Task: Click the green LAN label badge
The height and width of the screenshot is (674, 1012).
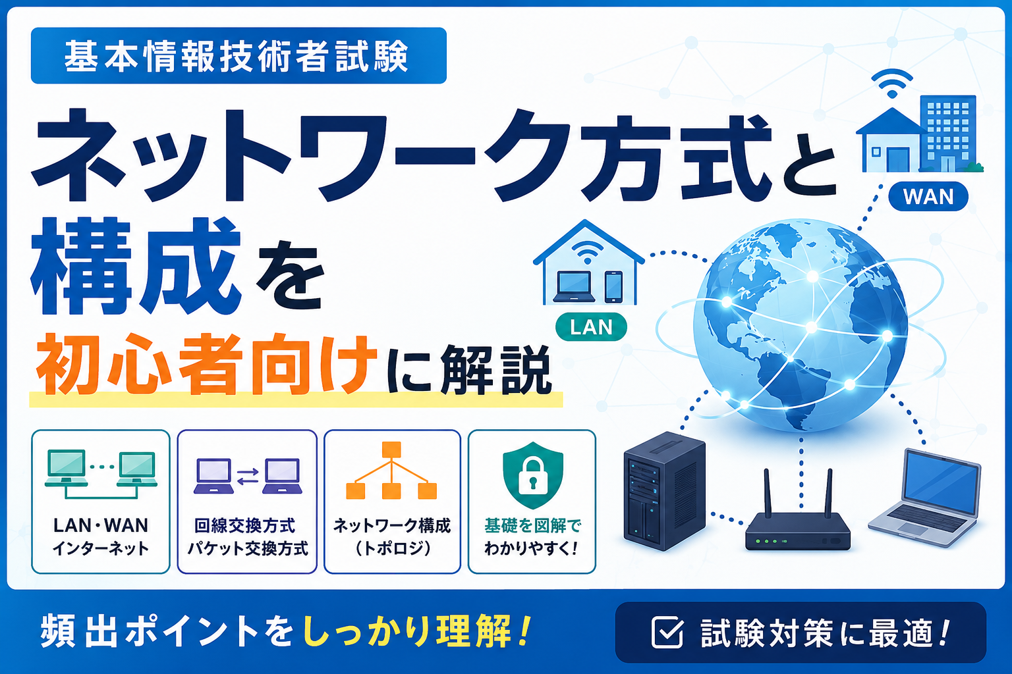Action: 591,326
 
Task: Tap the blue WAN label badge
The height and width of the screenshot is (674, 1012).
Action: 928,196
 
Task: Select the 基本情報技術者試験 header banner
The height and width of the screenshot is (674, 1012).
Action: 239,55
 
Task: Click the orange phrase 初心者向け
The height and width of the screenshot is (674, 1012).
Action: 206,364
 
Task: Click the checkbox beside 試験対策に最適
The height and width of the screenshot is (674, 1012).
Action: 667,632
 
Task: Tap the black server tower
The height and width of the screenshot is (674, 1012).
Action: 664,491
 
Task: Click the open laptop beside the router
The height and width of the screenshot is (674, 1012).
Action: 925,498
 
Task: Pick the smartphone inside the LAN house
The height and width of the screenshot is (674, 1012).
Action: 613,287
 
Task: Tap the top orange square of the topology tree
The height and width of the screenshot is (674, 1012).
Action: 391,450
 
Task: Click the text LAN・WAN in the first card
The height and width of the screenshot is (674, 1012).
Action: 101,525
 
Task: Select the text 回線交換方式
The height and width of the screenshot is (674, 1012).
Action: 244,526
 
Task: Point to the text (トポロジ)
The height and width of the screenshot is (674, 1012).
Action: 392,548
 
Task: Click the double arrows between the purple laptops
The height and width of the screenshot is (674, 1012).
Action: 248,477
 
